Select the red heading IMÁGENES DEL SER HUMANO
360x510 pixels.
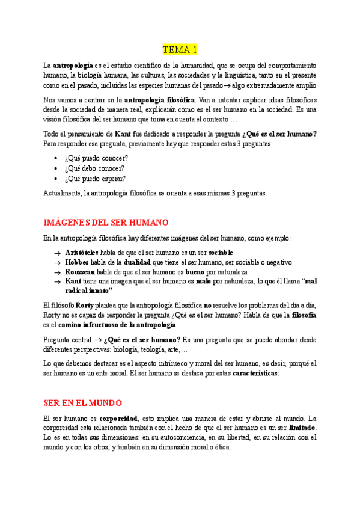(106, 223)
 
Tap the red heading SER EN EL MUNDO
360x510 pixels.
(83, 402)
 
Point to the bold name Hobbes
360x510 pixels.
(76, 262)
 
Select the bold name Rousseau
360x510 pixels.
(80, 272)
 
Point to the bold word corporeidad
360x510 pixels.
(118, 418)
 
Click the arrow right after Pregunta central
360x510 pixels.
(97, 340)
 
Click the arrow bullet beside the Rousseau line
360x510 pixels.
(56, 272)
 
